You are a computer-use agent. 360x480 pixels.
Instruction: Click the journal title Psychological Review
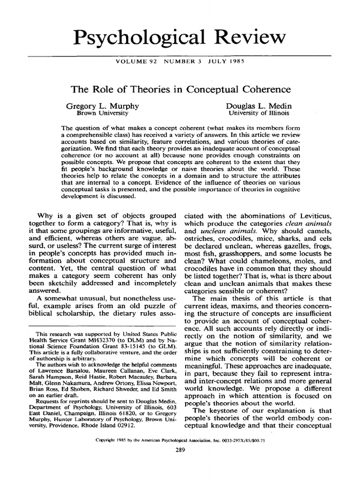pos(180,36)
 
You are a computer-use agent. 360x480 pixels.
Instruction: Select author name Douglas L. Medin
pos(258,106)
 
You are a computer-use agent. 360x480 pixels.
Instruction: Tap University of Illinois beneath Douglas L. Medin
pos(259,113)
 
